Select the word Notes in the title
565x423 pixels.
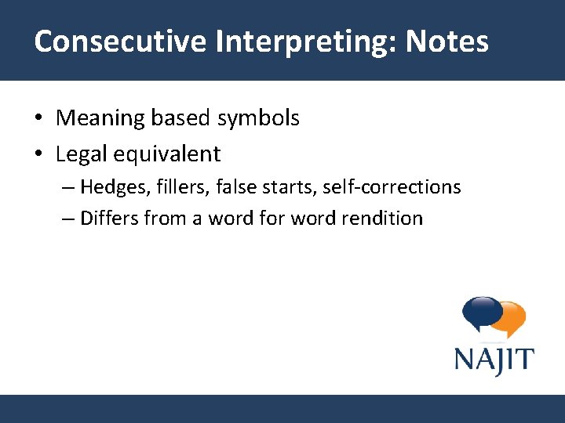point(447,42)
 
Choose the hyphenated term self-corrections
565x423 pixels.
point(392,188)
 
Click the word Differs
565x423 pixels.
point(109,219)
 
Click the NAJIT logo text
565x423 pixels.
point(494,360)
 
